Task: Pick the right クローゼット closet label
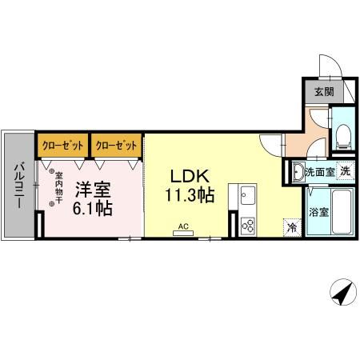tap(116, 146)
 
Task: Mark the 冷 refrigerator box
tap(291, 227)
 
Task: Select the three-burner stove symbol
tap(246, 225)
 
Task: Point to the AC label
tap(183, 226)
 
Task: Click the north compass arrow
tap(342, 294)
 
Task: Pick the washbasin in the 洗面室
tap(297, 170)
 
